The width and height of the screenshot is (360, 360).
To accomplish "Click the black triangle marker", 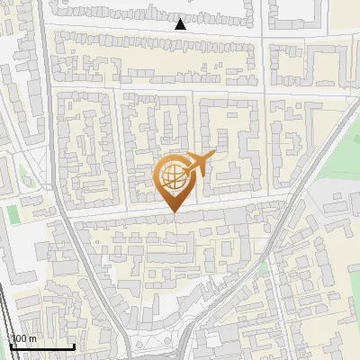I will pyautogui.click(x=180, y=24).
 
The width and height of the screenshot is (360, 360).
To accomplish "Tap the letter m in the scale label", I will pyautogui.click(x=33, y=338).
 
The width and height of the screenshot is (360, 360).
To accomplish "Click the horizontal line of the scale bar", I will pyautogui.click(x=41, y=346).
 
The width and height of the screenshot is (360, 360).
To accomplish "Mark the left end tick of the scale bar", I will pyautogui.click(x=10, y=345).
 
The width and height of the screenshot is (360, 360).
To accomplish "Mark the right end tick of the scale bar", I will pyautogui.click(x=74, y=345).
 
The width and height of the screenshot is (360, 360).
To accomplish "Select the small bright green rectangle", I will pyautogui.click(x=13, y=215).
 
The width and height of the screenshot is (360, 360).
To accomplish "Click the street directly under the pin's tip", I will pyautogui.click(x=174, y=217).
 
